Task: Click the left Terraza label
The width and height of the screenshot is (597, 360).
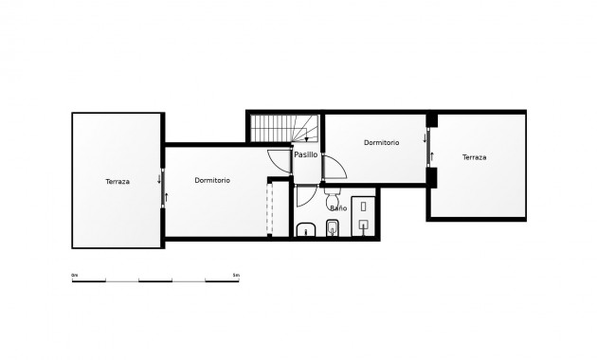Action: pyautogui.click(x=118, y=181)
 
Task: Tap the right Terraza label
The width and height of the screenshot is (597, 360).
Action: pyautogui.click(x=474, y=157)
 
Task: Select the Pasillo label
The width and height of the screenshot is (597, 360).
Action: pyautogui.click(x=305, y=154)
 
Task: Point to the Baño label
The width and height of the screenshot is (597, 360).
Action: pyautogui.click(x=337, y=207)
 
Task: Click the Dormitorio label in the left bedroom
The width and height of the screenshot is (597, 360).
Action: pyautogui.click(x=212, y=180)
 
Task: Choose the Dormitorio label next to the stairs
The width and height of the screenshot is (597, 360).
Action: pyautogui.click(x=381, y=142)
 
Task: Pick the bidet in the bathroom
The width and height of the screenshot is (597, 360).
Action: pyautogui.click(x=332, y=228)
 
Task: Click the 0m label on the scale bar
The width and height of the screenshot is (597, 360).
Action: pyautogui.click(x=75, y=275)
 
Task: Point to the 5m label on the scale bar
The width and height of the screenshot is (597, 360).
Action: pyautogui.click(x=236, y=275)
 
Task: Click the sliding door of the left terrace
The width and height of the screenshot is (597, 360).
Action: pyautogui.click(x=164, y=183)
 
